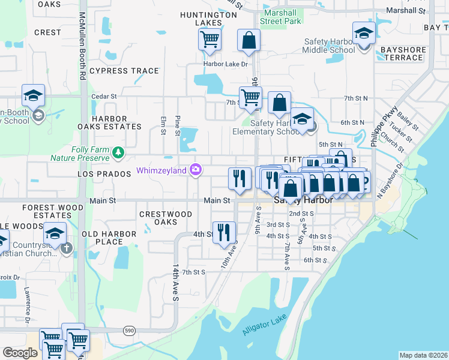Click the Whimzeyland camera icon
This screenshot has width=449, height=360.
(x=195, y=171)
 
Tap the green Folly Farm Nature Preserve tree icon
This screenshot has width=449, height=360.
(x=119, y=153)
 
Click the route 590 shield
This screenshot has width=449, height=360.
(x=129, y=330)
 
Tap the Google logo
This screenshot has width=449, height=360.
(x=20, y=353)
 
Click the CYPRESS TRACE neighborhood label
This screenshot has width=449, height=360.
(x=124, y=71)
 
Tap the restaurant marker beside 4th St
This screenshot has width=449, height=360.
(x=224, y=232)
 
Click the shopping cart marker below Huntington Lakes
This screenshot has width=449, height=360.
(x=209, y=40)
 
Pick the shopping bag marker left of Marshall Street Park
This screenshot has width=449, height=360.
(x=249, y=40)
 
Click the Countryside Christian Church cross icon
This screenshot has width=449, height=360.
(x=66, y=247)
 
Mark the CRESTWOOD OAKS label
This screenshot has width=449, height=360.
(x=166, y=218)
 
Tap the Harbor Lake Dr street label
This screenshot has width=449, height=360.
(x=226, y=64)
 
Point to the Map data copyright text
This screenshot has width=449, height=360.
(x=423, y=355)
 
